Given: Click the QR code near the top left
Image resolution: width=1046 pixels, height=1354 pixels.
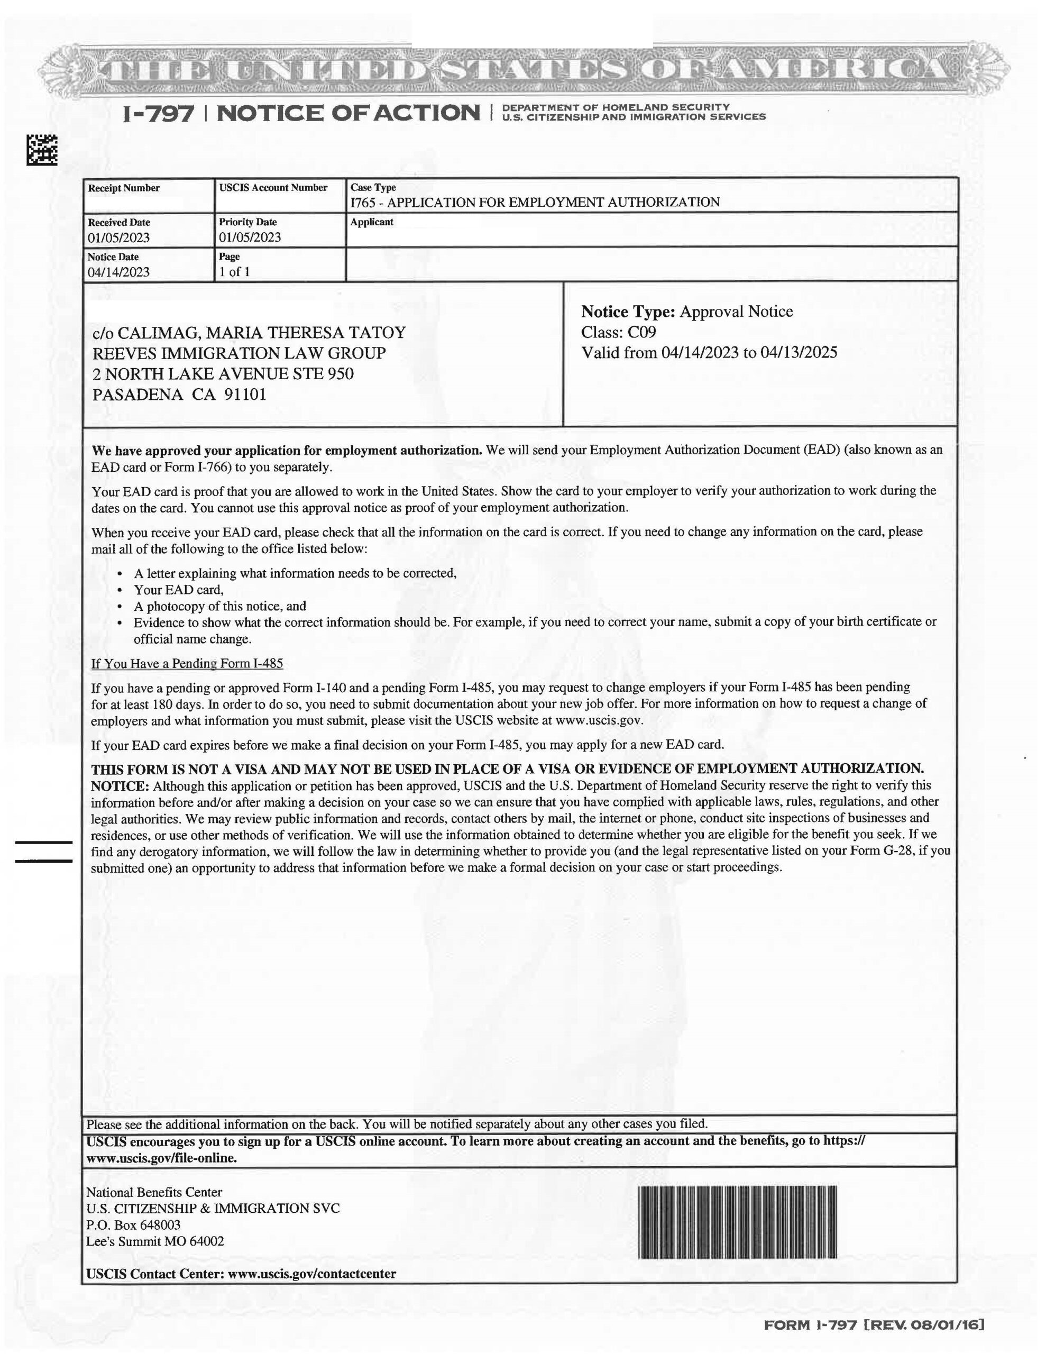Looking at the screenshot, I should click(x=42, y=149).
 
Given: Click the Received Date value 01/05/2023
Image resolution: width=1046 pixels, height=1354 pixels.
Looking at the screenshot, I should click(x=118, y=237).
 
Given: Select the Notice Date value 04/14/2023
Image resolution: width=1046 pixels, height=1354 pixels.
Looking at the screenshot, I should click(x=118, y=272).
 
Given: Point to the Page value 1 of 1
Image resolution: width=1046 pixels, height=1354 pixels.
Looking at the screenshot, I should click(x=234, y=271).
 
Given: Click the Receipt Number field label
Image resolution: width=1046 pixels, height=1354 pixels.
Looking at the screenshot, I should click(x=123, y=188).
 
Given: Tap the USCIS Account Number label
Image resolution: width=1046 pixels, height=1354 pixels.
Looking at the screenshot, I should click(x=273, y=187).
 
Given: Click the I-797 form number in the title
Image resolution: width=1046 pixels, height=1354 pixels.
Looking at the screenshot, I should click(x=159, y=114).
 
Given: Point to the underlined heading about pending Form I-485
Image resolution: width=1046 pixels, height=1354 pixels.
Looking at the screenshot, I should click(x=187, y=663).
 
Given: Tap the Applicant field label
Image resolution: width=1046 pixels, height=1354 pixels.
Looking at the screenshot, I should click(x=371, y=222).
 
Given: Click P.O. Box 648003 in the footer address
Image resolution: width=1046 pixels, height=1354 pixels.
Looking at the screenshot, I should click(x=133, y=1224).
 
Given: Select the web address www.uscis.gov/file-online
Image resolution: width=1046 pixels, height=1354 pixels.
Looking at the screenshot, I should click(x=161, y=1158).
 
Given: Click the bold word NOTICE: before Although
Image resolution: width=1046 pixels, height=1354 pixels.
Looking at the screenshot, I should click(x=120, y=786).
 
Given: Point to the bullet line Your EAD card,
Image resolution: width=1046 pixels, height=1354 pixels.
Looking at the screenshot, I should click(x=179, y=590).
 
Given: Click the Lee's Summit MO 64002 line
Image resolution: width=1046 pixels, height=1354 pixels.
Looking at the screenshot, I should click(x=155, y=1241).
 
